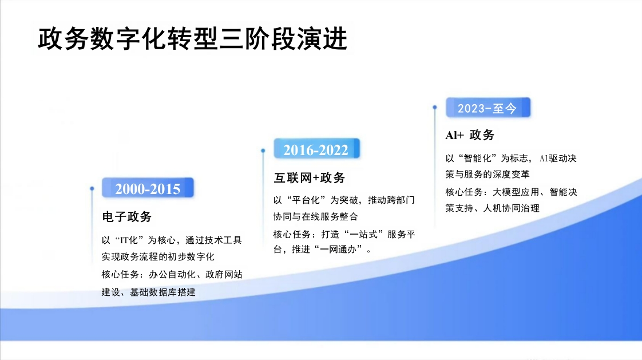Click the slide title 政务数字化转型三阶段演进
point(192,39)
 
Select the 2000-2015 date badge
point(148,188)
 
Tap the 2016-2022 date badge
point(316,149)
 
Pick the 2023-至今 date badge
point(488,108)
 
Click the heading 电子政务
point(127,216)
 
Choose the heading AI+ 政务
point(470,134)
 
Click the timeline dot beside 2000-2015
point(92,189)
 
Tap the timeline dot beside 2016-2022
point(263,151)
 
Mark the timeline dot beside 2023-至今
point(435,107)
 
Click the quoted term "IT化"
point(129,240)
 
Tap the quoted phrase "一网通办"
point(339,249)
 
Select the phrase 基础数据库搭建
point(163,292)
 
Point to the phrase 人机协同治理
point(512,208)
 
